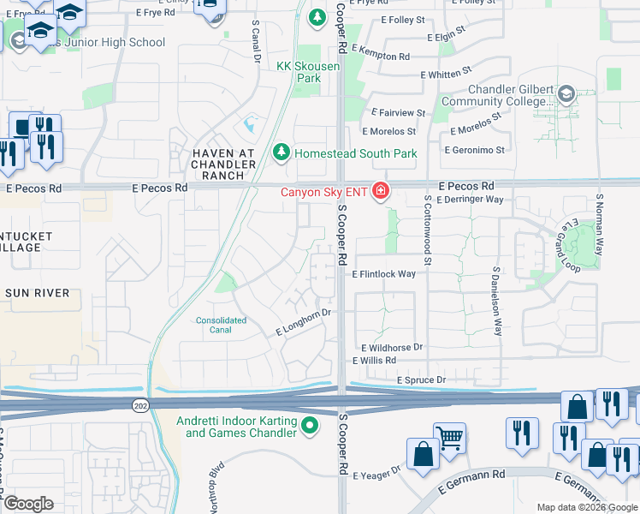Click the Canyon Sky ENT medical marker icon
pyautogui.click(x=379, y=191)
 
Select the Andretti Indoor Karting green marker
pyautogui.click(x=310, y=424)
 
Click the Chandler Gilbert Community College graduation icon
pyautogui.click(x=566, y=93)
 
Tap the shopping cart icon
pyautogui.click(x=449, y=437)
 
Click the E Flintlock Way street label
pyautogui.click(x=383, y=274)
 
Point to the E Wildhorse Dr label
pyautogui.click(x=392, y=348)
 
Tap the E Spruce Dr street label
pyautogui.click(x=421, y=380)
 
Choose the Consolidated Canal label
pyautogui.click(x=221, y=326)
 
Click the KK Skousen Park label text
pyautogui.click(x=298, y=71)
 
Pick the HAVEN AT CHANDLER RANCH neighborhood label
pyautogui.click(x=222, y=164)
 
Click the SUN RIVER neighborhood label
pyautogui.click(x=37, y=293)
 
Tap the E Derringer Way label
pyautogui.click(x=470, y=200)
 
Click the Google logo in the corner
pyautogui.click(x=28, y=504)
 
